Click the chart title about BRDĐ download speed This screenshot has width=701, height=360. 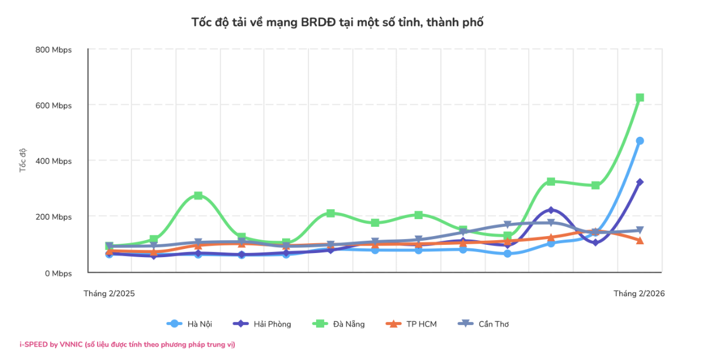(x=338, y=22)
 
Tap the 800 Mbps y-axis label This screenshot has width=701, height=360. (x=53, y=50)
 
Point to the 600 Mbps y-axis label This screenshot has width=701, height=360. (x=53, y=105)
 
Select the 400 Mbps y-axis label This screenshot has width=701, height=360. (x=53, y=161)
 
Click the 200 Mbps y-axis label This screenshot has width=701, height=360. (x=53, y=217)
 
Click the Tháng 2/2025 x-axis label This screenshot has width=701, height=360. (x=109, y=293)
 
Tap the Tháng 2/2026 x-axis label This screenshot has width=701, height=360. (x=639, y=293)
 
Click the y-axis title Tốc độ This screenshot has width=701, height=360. (x=23, y=160)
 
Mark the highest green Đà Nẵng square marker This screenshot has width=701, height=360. (x=640, y=98)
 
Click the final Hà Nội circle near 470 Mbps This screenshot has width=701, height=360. (x=640, y=141)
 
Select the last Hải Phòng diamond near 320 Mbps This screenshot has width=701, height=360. (x=640, y=182)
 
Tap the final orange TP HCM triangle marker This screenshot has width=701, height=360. (x=640, y=240)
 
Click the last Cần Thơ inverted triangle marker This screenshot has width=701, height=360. (x=640, y=230)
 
